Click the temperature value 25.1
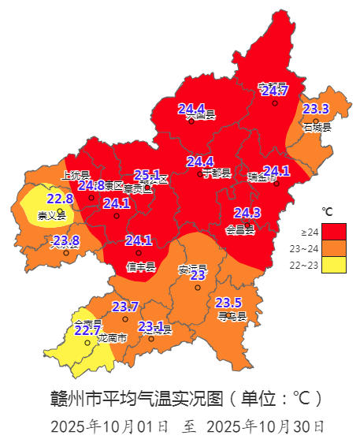click(147, 175)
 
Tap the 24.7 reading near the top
click(275, 91)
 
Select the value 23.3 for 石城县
click(316, 110)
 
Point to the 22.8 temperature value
click(60, 199)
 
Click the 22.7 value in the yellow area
click(87, 330)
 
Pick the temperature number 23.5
click(228, 303)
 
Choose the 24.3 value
click(247, 213)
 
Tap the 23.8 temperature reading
click(65, 240)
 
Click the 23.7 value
click(124, 307)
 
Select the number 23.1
click(150, 326)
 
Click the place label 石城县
click(317, 127)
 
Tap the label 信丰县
click(139, 266)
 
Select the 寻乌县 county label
click(232, 317)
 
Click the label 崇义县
click(52, 215)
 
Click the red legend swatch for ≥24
click(335, 231)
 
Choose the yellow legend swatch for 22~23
click(335, 266)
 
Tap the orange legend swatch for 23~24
click(335, 248)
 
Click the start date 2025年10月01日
click(109, 426)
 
